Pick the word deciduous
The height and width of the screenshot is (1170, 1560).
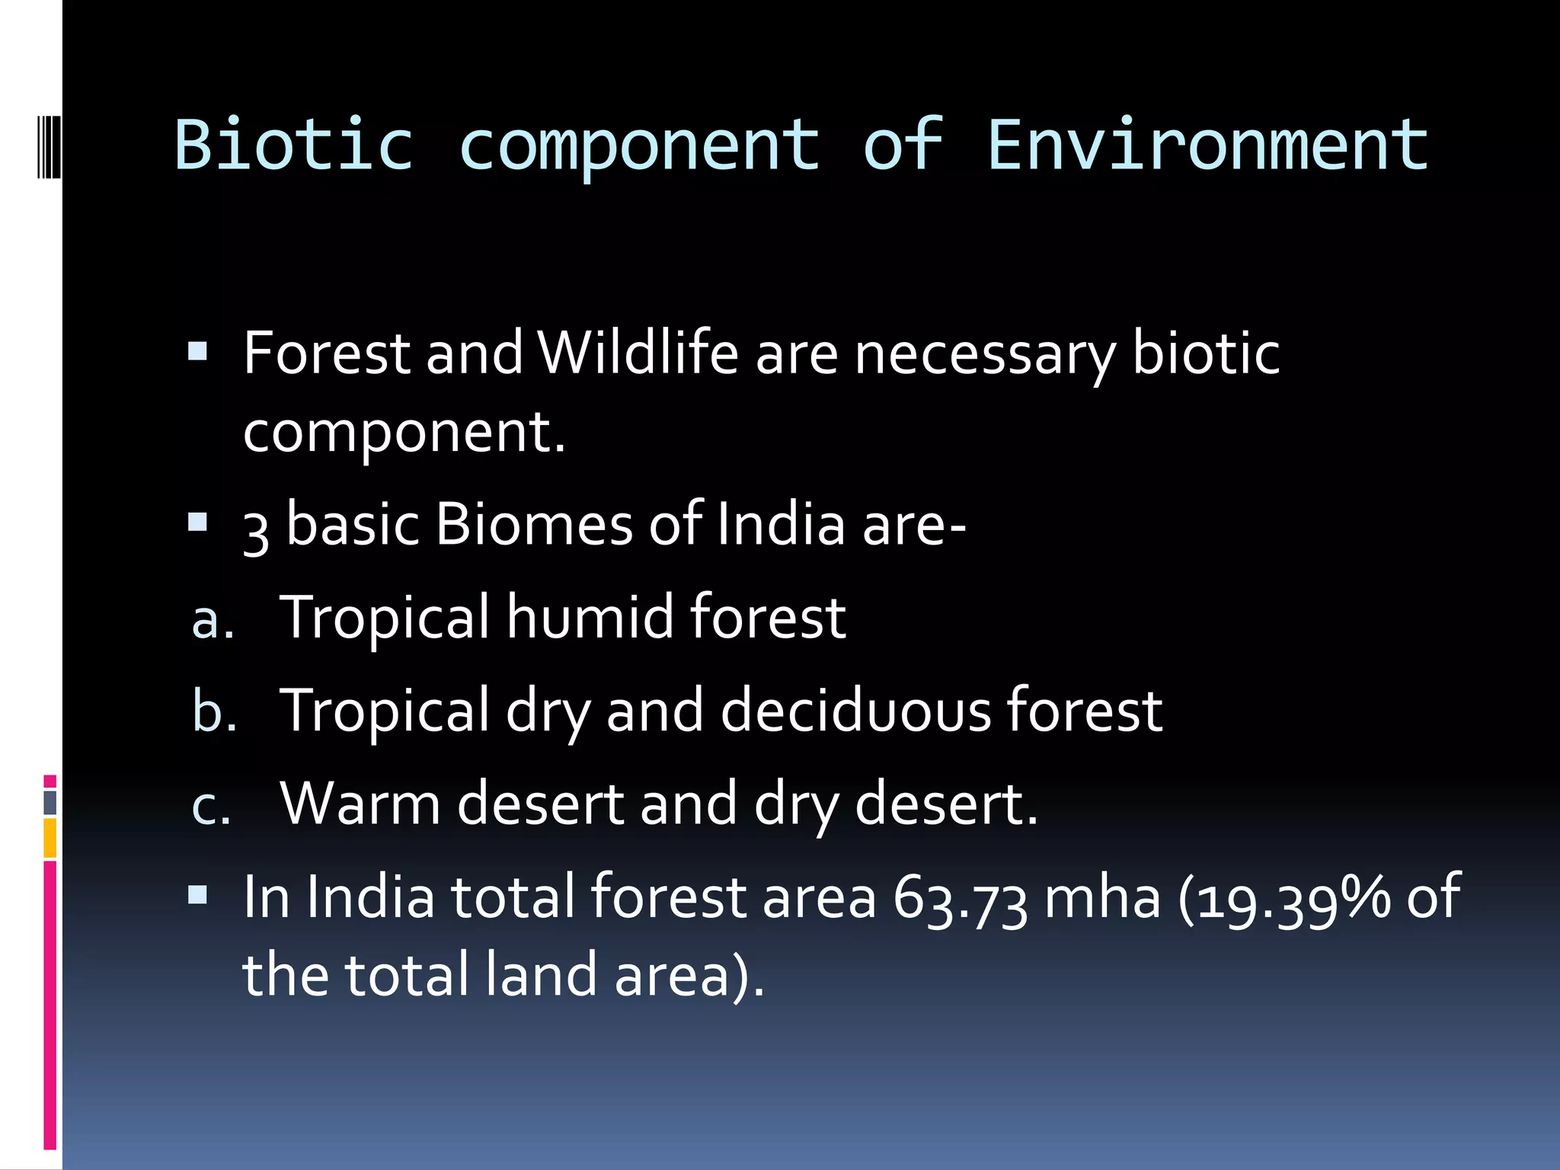click(x=855, y=710)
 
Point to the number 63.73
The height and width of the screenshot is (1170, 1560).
click(x=960, y=899)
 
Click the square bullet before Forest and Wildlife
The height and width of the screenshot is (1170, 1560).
click(x=197, y=351)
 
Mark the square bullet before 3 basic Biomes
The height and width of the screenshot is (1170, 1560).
click(x=197, y=522)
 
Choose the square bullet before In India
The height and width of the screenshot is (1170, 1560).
click(x=197, y=894)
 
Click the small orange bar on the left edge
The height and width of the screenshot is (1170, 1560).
click(x=50, y=838)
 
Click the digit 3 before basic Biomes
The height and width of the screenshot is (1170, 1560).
click(x=256, y=531)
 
